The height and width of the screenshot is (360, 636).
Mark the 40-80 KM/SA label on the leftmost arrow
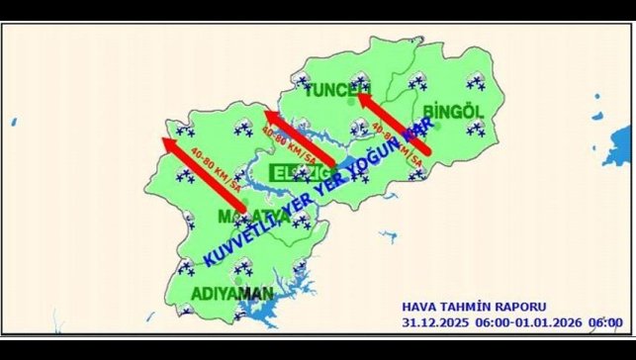[219, 169]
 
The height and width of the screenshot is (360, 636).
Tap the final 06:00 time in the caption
[605, 322]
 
